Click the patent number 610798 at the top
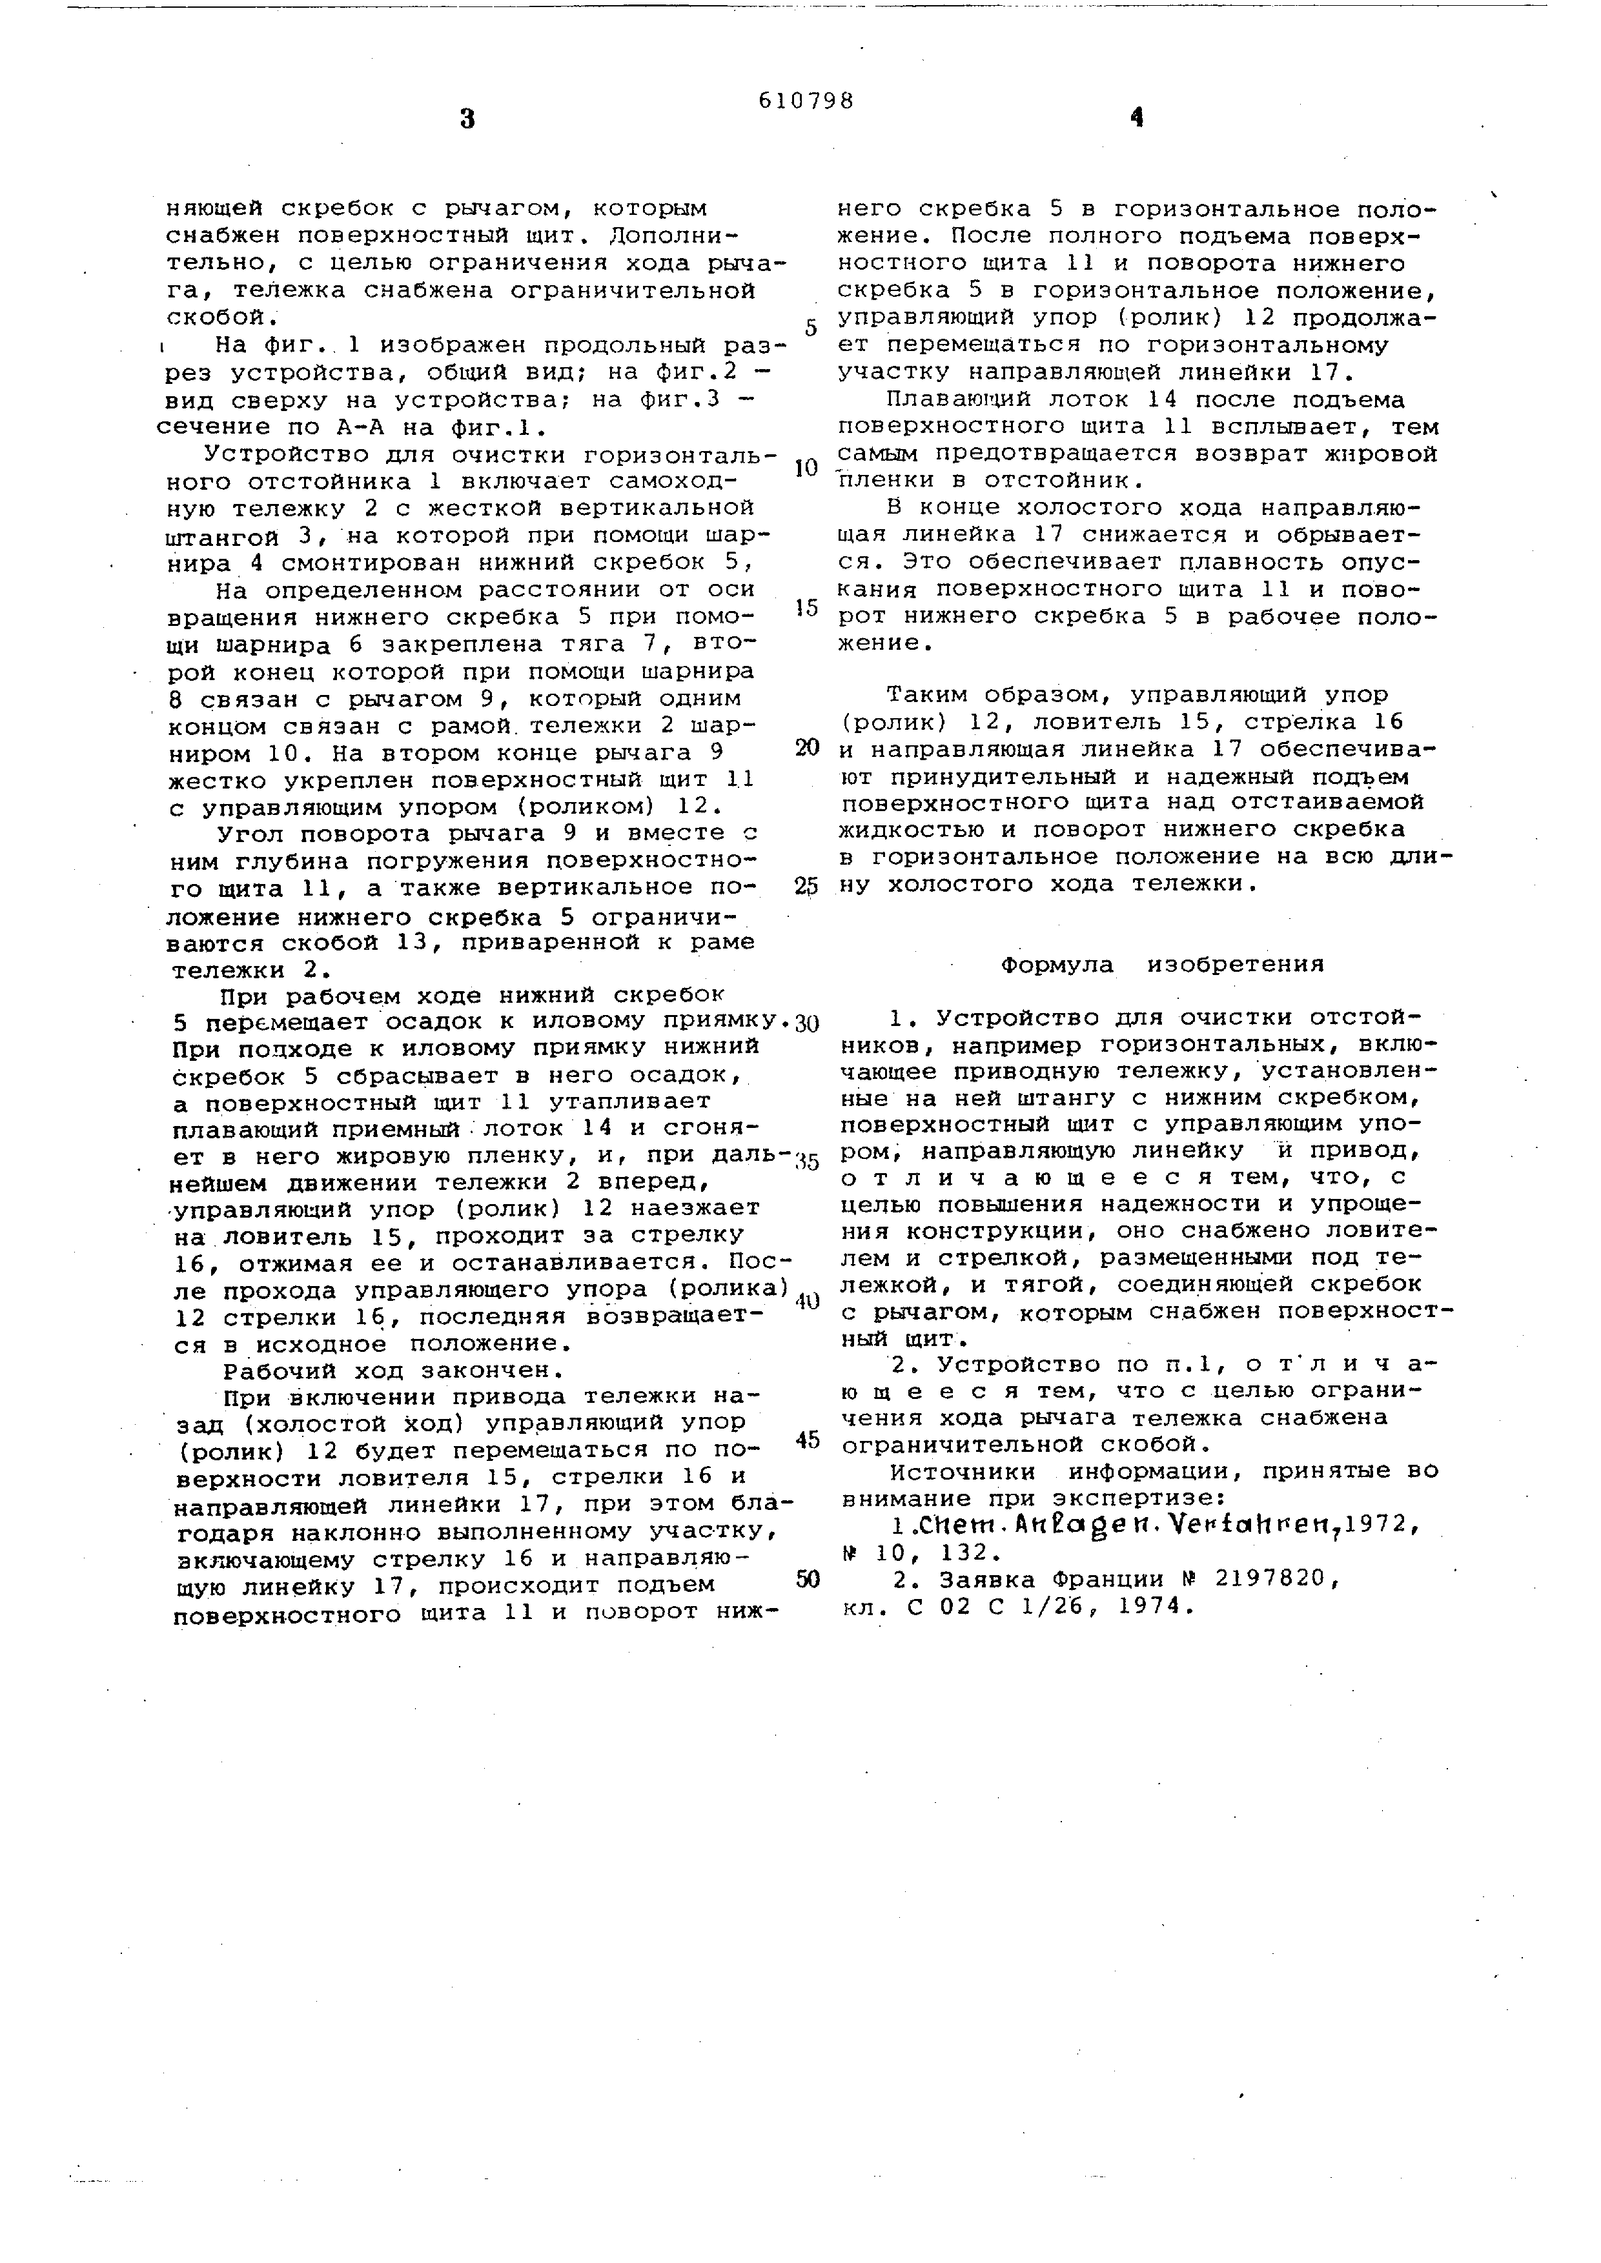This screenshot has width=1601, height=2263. [x=806, y=101]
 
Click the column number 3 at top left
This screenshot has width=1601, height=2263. [x=467, y=120]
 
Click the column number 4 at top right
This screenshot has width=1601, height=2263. [x=1137, y=118]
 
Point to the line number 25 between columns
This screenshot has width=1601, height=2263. [x=806, y=886]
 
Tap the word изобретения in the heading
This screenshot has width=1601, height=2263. [x=1235, y=965]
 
